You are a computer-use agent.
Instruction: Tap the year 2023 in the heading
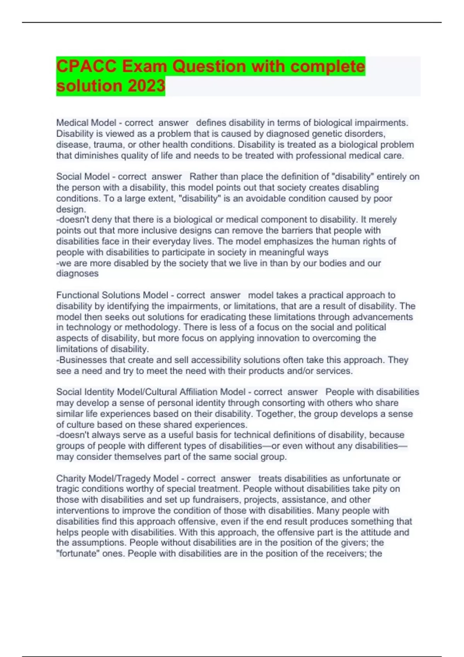tap(146, 86)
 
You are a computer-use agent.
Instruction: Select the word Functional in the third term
tap(78, 295)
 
